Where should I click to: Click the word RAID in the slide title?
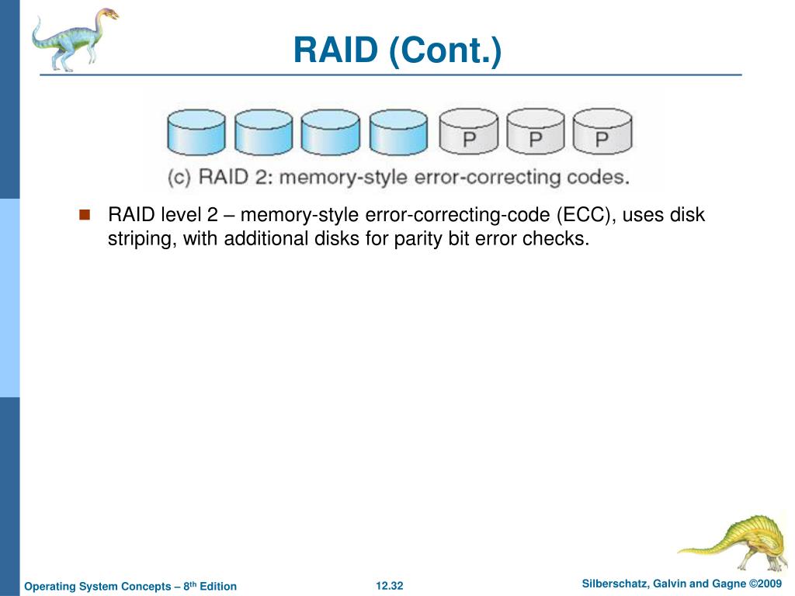coord(336,50)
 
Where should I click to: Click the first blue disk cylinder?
coord(196,132)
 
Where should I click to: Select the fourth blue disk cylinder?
coord(398,132)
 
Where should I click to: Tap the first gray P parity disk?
coord(469,131)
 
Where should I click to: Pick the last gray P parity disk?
coord(602,131)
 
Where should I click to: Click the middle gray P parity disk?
coord(536,131)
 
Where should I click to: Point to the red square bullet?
coord(85,215)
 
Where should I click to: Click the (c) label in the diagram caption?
coord(179,178)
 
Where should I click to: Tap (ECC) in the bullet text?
coord(586,215)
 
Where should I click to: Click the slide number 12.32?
coord(390,586)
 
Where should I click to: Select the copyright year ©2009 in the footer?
coord(765,584)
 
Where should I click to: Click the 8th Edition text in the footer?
coord(210,586)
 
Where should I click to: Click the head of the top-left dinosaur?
coord(107,14)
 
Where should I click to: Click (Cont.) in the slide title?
coord(445,50)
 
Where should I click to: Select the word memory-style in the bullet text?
coord(300,215)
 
